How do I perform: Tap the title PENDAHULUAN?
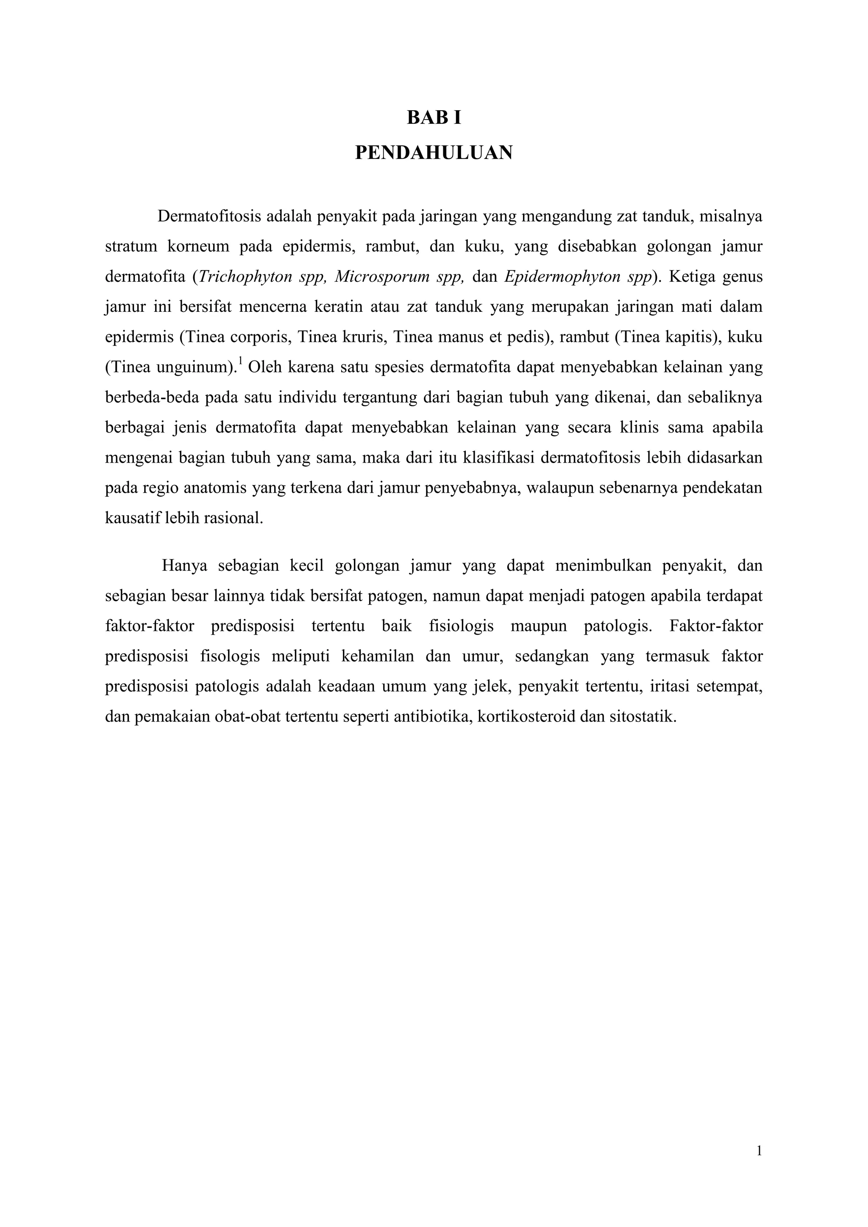pos(434,153)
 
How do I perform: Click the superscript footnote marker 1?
pos(240,363)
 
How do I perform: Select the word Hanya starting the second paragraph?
pos(184,566)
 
